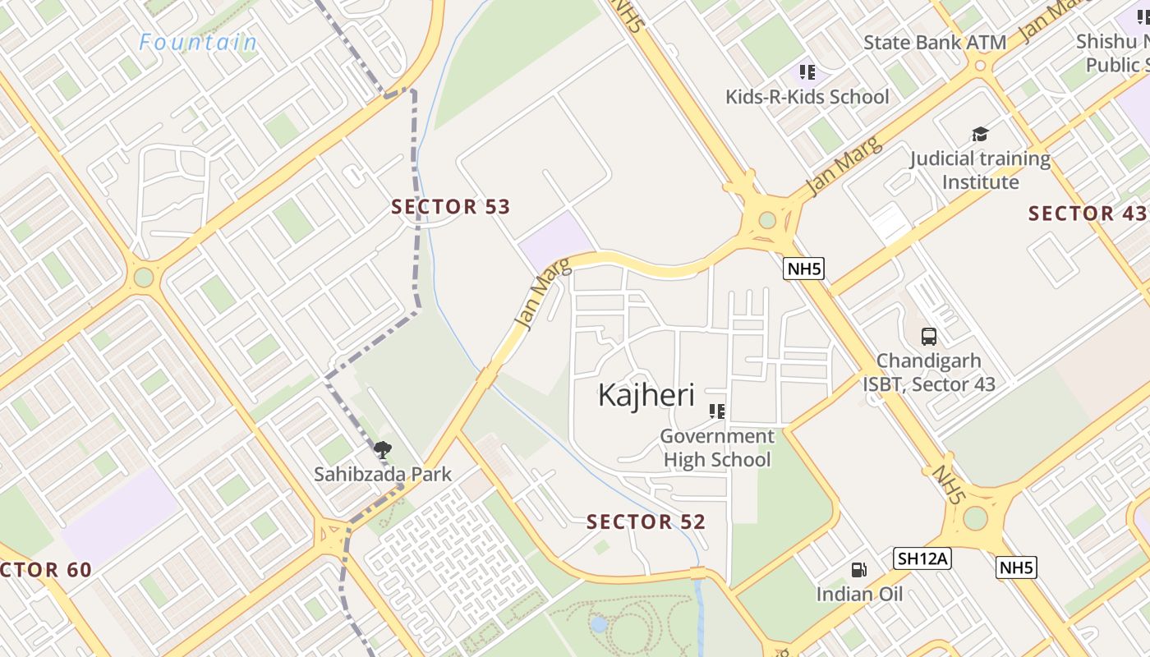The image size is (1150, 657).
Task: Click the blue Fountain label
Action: coord(198,42)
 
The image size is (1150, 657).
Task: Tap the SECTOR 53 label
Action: coord(451,207)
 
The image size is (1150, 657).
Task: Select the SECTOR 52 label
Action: coord(646,521)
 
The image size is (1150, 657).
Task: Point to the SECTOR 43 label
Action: coord(1087,214)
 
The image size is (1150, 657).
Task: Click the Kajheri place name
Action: coord(646,395)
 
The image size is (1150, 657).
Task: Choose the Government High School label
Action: coord(717,448)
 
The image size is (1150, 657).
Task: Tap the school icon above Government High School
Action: coord(717,411)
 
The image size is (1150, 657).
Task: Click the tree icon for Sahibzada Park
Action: coord(382,449)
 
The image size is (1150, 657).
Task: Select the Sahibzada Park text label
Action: coord(383,474)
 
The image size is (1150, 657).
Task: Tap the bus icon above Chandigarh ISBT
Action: coord(929,336)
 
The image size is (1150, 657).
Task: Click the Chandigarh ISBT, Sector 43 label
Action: coord(928,372)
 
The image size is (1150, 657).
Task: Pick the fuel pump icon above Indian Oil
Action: coord(858,570)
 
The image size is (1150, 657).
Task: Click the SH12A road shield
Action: coord(922,559)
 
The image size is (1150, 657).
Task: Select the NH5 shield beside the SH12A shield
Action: coord(1016,567)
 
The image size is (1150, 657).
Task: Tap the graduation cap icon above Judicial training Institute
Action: coord(980,134)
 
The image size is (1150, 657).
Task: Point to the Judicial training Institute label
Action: coord(980,170)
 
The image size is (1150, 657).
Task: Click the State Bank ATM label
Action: coord(934,42)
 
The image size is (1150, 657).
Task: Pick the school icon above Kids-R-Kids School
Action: coord(807,72)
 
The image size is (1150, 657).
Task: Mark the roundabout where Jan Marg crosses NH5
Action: coord(768,220)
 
